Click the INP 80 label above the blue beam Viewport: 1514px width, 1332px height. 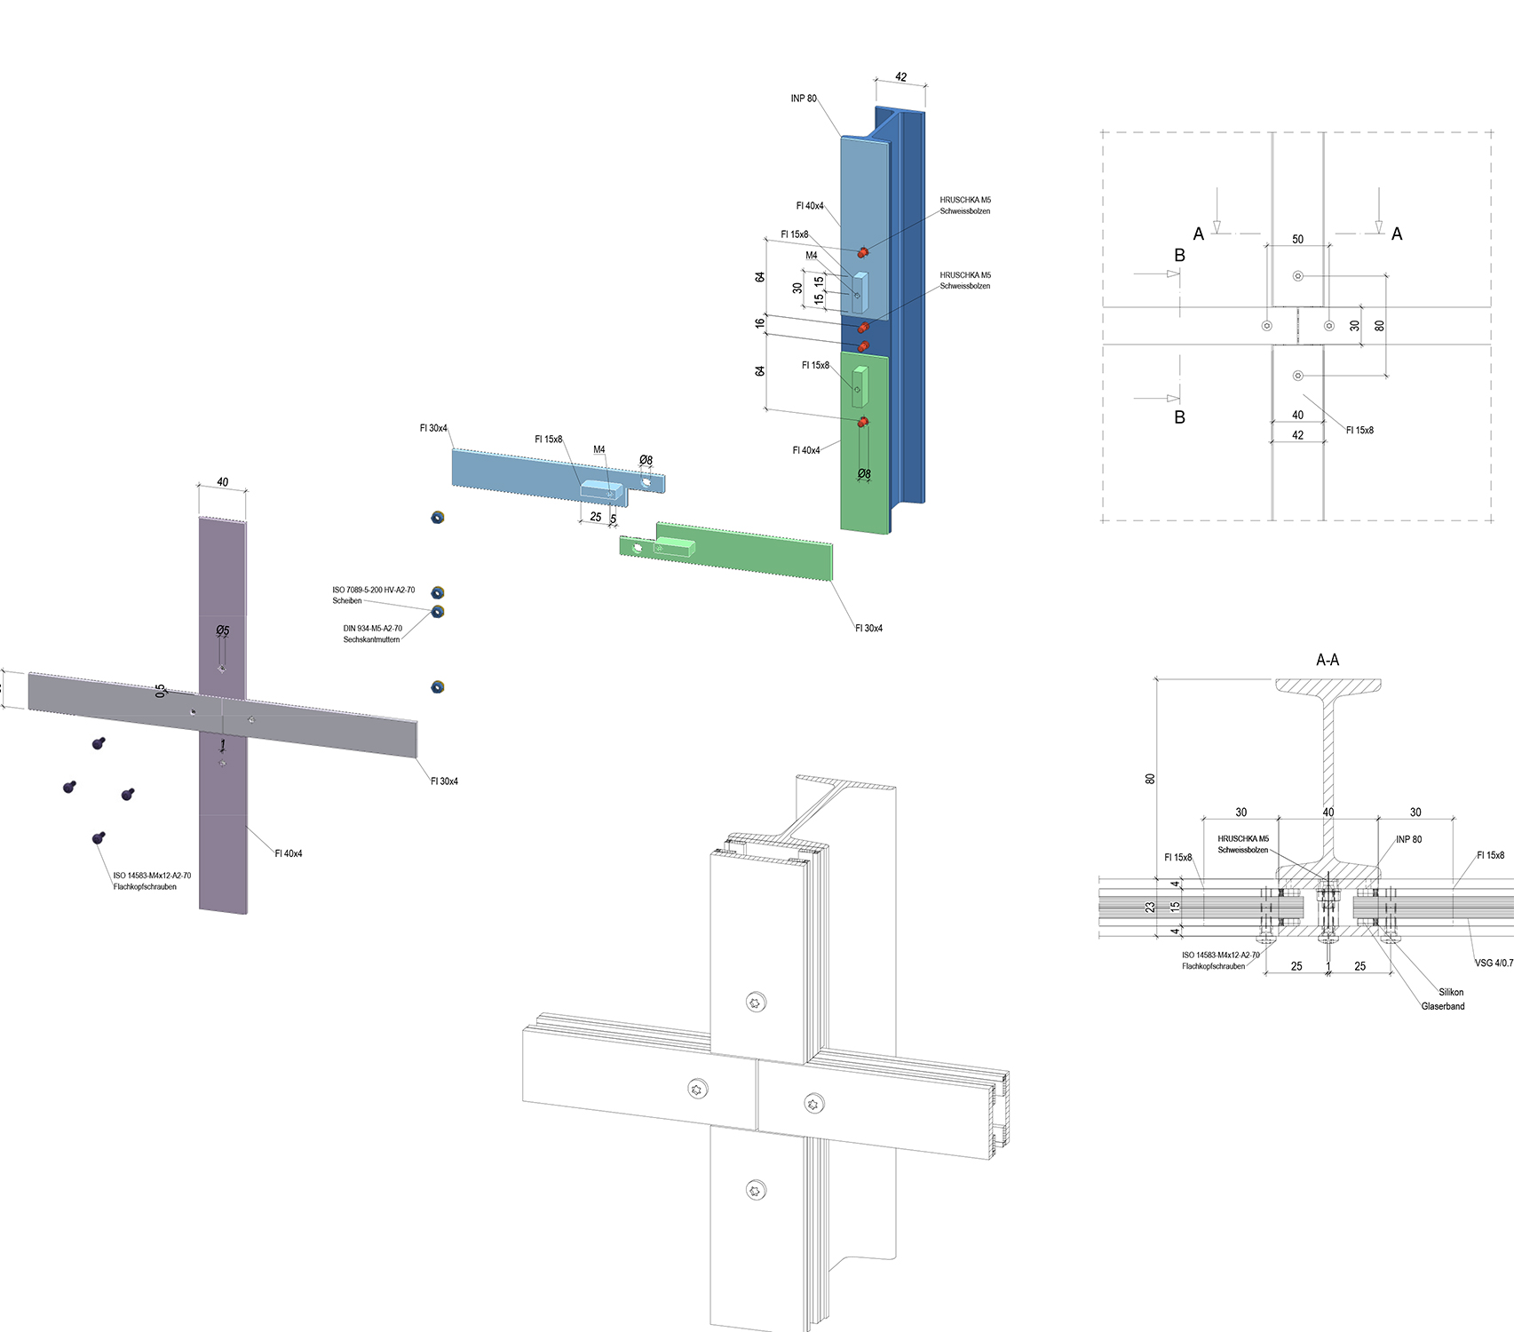point(804,99)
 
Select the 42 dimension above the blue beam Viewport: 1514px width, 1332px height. point(900,77)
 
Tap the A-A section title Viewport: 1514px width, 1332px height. point(1328,660)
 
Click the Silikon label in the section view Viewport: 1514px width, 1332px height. point(1451,992)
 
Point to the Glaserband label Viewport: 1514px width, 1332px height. point(1443,1006)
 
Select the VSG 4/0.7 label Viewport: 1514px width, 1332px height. point(1494,963)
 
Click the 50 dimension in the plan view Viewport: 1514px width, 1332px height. point(1297,240)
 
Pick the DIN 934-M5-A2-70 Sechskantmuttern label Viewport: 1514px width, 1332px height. point(372,634)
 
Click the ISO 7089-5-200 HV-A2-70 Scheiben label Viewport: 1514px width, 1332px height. point(373,595)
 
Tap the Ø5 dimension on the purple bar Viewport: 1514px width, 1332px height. point(222,630)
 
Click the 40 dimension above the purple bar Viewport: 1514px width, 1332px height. point(222,482)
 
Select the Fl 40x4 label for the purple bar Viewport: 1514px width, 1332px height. point(289,853)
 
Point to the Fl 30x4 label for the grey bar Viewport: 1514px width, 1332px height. point(444,781)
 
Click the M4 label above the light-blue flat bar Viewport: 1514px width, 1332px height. point(599,449)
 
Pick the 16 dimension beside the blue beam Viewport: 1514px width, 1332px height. point(760,323)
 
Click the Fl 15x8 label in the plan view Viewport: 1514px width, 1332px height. point(1359,431)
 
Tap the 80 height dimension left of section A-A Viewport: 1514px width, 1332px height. point(1150,779)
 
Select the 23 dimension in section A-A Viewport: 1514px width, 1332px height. point(1150,908)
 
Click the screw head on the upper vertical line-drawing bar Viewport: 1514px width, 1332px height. point(756,1003)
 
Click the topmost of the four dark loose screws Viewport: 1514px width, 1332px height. point(99,742)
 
